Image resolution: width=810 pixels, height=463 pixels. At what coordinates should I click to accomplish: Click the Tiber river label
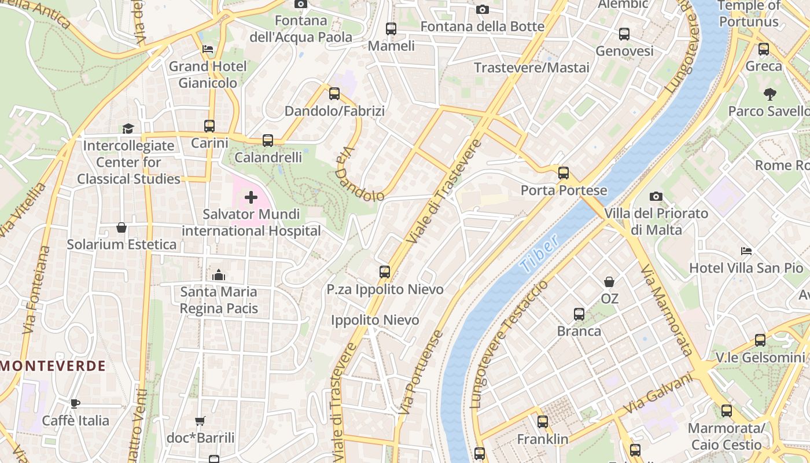tap(539, 253)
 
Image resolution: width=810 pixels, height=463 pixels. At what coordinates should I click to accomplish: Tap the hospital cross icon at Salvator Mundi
tap(251, 198)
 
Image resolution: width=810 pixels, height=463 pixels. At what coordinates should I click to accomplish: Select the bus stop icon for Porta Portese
tap(564, 173)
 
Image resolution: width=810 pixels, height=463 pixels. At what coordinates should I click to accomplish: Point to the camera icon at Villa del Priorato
tap(656, 197)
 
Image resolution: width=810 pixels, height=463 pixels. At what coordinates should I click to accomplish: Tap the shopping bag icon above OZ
tap(609, 282)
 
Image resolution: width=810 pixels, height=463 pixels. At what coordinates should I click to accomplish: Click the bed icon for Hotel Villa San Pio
tap(746, 251)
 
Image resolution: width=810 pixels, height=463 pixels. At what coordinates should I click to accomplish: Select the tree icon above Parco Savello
tap(770, 94)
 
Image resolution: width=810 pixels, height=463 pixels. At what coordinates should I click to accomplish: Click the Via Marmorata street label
tap(667, 310)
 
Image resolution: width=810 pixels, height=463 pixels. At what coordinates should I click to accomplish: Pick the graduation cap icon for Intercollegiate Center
tap(128, 128)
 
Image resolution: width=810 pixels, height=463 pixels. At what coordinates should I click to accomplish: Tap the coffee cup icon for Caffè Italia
tap(75, 403)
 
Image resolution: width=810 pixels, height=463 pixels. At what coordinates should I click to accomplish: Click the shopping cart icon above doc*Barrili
tap(200, 421)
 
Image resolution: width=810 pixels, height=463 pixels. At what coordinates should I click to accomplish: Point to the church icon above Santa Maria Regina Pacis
tap(219, 275)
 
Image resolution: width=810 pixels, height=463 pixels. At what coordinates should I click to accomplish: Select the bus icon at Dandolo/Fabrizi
tap(334, 94)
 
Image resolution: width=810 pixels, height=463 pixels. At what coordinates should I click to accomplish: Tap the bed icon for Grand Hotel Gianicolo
tap(208, 49)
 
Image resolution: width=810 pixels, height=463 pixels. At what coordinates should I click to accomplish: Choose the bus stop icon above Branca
tap(579, 314)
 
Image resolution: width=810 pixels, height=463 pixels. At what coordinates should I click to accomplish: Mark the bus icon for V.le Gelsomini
tap(760, 341)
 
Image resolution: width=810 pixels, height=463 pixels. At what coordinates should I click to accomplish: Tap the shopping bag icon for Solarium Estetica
tap(122, 227)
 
